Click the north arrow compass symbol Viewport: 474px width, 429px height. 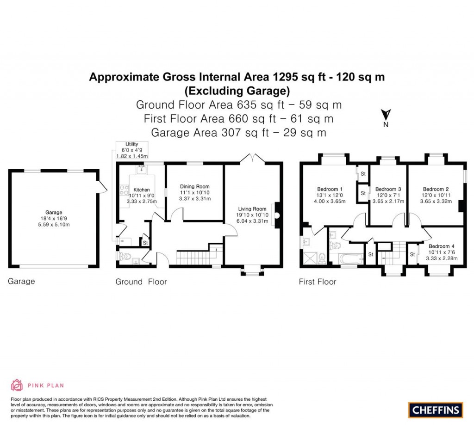[386, 115]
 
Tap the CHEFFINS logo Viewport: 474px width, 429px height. [436, 410]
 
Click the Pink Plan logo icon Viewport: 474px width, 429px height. [17, 385]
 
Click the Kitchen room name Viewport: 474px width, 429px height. [142, 190]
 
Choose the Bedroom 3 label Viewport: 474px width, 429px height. [388, 189]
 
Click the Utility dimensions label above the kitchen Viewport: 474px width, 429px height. [132, 151]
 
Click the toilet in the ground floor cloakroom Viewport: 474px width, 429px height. [125, 257]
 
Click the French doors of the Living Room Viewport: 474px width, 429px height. [252, 158]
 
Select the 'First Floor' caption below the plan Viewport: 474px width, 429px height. [318, 282]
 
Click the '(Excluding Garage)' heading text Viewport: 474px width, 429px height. [237, 90]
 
